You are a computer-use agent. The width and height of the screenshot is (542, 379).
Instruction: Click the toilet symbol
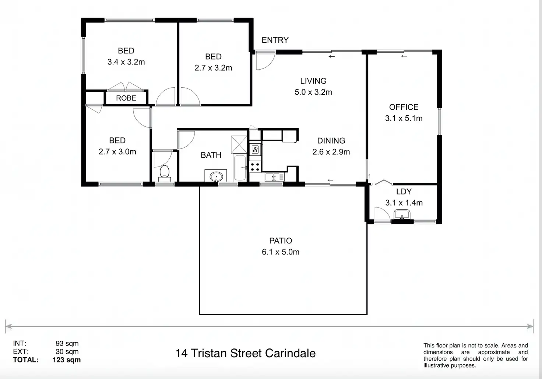point(165,173)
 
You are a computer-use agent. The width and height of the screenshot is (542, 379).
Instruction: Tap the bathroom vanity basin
point(216,177)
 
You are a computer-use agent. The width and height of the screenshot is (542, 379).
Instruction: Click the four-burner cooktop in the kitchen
point(255,167)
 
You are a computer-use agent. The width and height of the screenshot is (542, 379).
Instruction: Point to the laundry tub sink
point(402,215)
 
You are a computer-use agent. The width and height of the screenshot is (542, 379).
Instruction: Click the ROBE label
point(126,98)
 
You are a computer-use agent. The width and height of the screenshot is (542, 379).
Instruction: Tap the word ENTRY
point(275,40)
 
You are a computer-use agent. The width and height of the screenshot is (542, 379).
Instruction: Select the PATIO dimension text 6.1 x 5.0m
point(281,252)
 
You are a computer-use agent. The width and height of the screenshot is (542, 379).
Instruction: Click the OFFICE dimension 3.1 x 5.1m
point(404,118)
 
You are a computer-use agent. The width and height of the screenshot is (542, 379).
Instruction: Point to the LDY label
point(404,192)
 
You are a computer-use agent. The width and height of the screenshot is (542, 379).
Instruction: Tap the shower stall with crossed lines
point(239,144)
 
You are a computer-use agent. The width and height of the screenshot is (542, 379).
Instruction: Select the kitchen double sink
point(275,177)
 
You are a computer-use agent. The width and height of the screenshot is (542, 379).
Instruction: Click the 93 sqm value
point(67,344)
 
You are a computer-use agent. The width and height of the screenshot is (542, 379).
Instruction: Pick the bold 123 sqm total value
point(67,360)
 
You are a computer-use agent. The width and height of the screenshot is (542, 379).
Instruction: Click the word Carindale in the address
point(291,353)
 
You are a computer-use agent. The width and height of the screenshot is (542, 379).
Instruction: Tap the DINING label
point(331,141)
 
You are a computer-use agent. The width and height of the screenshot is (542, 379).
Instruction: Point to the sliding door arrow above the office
point(404,56)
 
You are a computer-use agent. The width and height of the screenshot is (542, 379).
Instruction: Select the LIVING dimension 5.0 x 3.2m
point(313,92)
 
